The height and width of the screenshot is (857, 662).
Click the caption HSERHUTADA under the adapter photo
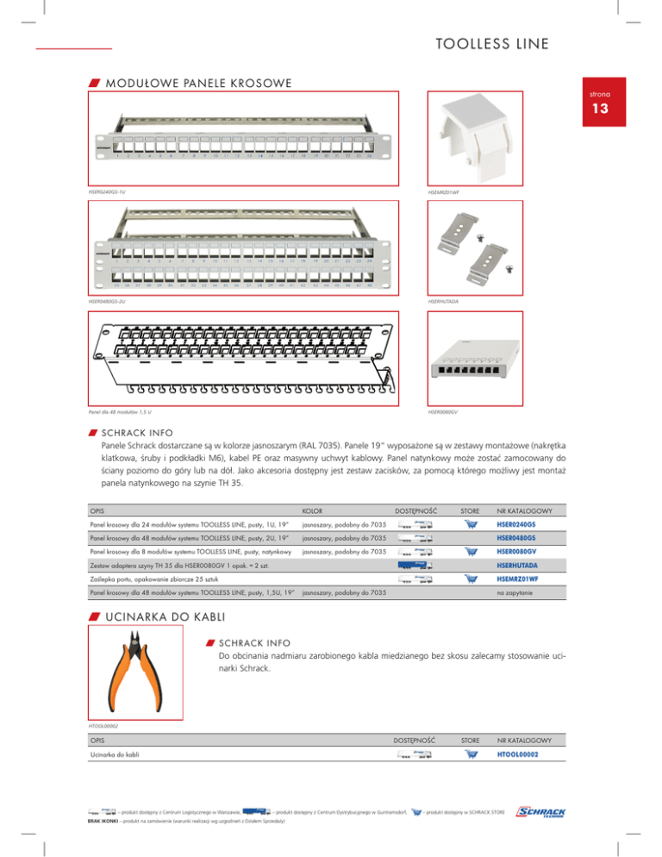coord(443,302)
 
